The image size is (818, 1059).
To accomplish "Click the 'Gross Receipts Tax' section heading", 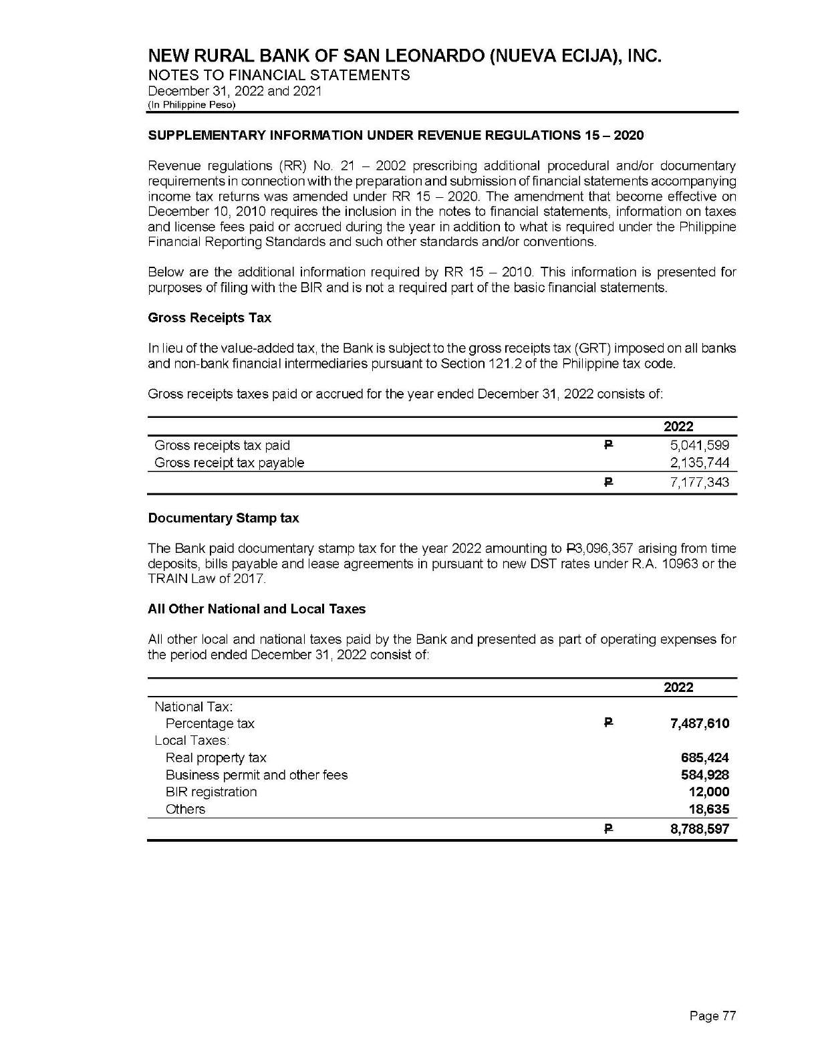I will coord(209,318).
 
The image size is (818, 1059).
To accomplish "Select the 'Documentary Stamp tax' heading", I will coord(223,518).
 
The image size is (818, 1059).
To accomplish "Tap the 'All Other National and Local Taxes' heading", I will coord(257,609).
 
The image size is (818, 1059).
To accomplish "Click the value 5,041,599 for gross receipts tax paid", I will coord(700,445).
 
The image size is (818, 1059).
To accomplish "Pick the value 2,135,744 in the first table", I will coord(700,463).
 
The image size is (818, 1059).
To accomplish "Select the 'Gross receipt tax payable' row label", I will coord(229,463).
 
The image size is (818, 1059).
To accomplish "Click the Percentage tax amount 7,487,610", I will coord(700,723).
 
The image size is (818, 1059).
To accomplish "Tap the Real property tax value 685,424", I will coord(704,758).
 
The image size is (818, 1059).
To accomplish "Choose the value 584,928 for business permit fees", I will coord(704,776).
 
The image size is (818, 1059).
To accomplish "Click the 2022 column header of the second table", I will coord(678,687).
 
